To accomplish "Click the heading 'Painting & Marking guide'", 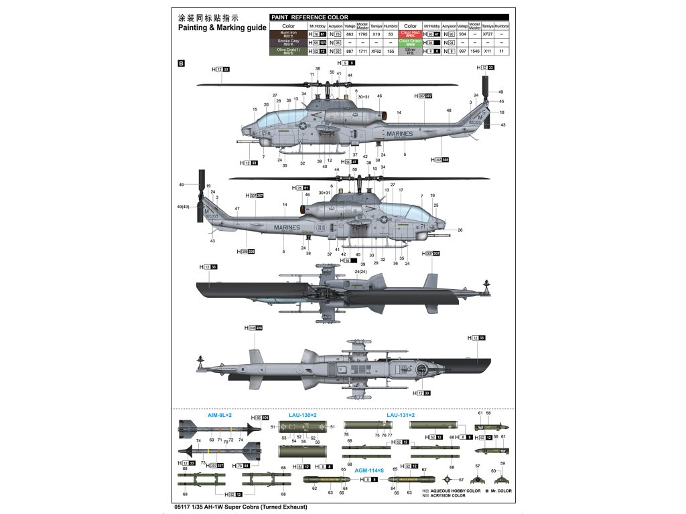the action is [x=222, y=28].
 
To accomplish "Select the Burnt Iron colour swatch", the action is [x=288, y=33].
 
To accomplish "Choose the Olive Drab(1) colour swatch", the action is [x=288, y=50].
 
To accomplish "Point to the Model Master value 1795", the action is [x=362, y=33].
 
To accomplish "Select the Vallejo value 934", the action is [x=462, y=33].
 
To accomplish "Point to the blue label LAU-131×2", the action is [x=401, y=415].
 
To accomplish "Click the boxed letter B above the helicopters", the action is [x=180, y=64].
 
